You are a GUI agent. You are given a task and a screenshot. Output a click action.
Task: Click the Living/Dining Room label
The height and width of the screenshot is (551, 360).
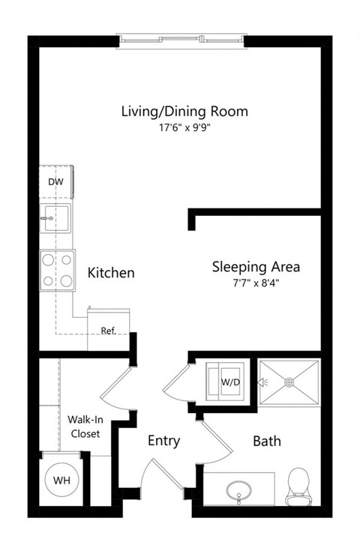[184, 112]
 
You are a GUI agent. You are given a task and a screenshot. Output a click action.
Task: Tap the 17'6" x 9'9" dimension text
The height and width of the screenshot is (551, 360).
[184, 129]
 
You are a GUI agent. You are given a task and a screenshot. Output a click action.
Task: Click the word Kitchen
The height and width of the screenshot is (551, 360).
[111, 272]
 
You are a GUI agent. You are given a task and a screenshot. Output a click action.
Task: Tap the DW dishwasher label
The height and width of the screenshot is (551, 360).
[55, 181]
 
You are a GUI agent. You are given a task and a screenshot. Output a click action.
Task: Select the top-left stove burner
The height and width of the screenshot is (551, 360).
[49, 262]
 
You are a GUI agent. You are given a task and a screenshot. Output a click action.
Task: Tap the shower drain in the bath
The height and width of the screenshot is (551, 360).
[289, 382]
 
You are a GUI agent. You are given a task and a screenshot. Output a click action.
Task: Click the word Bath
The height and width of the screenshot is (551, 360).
[266, 441]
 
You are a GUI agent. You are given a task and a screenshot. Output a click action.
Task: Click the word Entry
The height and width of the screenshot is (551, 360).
[163, 441]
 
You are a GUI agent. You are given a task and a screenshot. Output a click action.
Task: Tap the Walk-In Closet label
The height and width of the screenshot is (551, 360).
[84, 426]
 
